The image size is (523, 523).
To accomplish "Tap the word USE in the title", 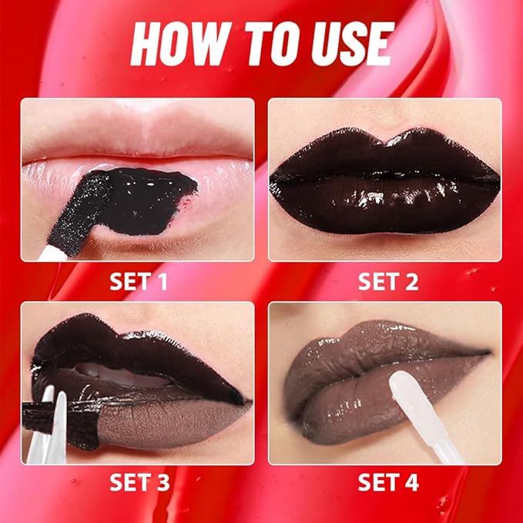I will (348, 45).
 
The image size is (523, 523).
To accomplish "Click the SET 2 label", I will (387, 281).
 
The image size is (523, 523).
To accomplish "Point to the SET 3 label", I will (139, 484).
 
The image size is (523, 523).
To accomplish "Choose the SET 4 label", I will (387, 484).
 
